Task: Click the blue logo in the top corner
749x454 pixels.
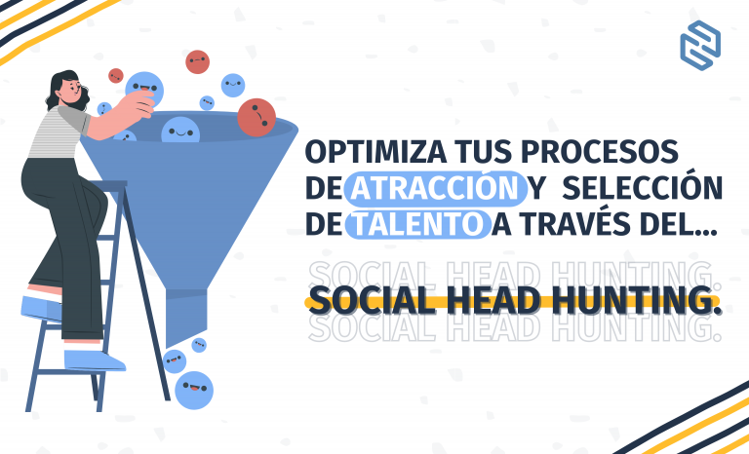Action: click(x=700, y=46)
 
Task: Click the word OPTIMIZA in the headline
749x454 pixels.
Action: click(x=375, y=152)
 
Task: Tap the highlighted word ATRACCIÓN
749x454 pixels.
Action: click(x=435, y=188)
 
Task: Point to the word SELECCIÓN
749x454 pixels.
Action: click(x=642, y=188)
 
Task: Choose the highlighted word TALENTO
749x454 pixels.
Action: click(x=417, y=224)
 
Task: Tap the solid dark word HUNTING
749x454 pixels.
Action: click(x=638, y=301)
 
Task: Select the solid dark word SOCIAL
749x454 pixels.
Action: click(x=373, y=301)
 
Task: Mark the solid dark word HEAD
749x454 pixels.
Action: click(x=495, y=301)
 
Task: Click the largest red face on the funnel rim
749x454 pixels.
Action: click(x=256, y=118)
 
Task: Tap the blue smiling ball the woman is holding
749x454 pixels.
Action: click(x=144, y=89)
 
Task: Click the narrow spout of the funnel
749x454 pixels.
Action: click(x=186, y=318)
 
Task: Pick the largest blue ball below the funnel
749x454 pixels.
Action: click(x=194, y=390)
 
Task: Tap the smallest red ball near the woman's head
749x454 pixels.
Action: click(x=116, y=75)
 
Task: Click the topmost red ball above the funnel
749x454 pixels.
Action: click(x=197, y=62)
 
